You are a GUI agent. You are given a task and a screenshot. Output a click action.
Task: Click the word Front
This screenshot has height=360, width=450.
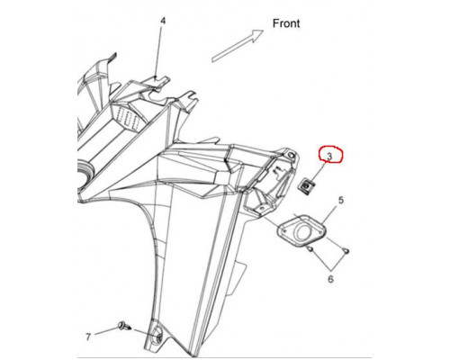coord(286,23)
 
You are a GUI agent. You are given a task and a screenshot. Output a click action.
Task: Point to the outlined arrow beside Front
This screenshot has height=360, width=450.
coord(238,46)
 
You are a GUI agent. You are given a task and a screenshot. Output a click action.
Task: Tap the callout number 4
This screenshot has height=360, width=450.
coord(163,21)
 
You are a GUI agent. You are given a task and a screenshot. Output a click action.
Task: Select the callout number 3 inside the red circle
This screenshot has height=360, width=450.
coord(329,156)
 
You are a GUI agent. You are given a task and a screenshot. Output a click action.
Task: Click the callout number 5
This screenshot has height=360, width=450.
coord(341,200)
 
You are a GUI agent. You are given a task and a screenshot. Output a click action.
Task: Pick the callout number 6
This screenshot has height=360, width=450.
coord(330,279)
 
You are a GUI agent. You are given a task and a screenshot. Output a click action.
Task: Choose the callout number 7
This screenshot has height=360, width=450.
coord(88,337)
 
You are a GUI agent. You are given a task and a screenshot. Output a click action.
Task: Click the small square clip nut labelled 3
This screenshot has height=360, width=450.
coord(306,188)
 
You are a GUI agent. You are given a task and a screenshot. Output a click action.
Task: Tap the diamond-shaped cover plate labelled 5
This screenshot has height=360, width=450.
coord(301,231)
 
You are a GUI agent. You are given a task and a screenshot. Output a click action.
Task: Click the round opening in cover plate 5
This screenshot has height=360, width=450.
coord(303,232)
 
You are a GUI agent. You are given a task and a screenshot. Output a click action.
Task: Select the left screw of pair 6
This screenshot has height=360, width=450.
coord(310,248)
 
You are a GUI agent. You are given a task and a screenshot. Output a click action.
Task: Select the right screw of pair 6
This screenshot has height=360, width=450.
coord(346,250)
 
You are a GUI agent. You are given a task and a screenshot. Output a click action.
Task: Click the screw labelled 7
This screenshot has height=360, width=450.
coord(124,326)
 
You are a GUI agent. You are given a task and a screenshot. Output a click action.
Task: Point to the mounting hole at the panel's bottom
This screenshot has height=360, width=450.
coord(157,337)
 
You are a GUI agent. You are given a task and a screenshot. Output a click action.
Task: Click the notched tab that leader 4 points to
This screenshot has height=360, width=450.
coord(157,81)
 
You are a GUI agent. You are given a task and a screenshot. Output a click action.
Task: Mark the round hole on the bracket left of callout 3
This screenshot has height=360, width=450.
coord(290,155)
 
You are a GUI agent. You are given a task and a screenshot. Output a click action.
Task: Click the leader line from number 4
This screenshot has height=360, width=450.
coord(159,52)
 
